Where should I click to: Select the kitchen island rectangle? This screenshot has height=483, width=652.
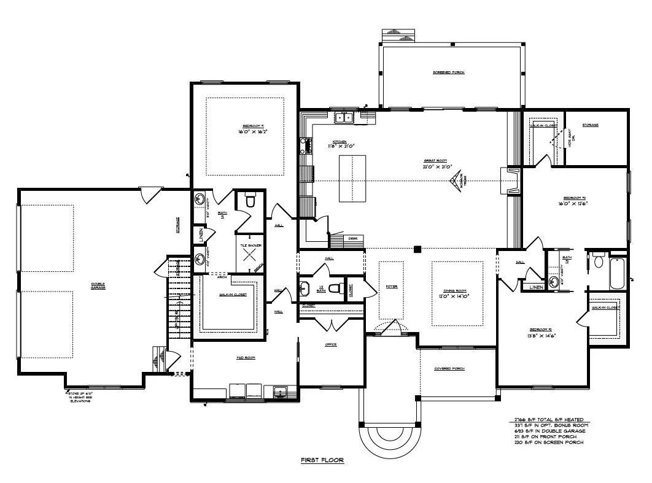[x=352, y=178]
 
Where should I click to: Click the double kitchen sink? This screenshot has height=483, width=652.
[x=343, y=117]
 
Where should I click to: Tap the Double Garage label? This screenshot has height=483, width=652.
[x=98, y=286]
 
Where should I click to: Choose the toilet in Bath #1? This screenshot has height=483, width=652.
[x=250, y=201]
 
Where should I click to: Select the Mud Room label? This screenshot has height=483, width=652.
[x=246, y=357]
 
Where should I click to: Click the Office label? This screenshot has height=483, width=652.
[x=330, y=345]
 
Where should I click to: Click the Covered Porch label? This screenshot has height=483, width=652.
[x=449, y=369]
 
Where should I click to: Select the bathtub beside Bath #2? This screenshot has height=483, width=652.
[x=618, y=275]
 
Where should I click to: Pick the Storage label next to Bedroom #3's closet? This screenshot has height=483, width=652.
[x=591, y=125]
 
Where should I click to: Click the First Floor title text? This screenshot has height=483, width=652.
[x=322, y=460]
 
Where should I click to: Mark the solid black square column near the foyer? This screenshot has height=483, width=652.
[x=417, y=249]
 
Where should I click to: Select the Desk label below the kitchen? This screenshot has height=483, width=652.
[x=353, y=238]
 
